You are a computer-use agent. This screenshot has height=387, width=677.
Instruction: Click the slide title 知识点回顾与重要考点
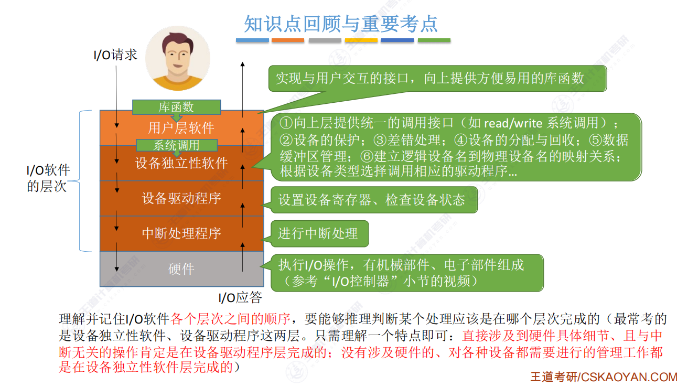[341, 24]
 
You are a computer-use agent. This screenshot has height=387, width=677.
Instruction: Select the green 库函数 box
[176, 107]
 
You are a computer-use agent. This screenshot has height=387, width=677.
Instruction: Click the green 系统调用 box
[176, 145]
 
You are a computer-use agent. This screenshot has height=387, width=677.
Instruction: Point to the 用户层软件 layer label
[181, 128]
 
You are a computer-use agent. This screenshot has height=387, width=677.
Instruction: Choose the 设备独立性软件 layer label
[181, 163]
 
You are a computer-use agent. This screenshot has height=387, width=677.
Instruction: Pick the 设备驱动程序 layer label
[181, 198]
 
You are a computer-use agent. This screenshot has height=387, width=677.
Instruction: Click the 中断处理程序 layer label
[181, 233]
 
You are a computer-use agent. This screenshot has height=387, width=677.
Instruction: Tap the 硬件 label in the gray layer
[181, 269]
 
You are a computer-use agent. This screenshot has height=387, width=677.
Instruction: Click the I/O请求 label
[115, 55]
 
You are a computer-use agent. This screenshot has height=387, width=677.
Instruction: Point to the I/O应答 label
[240, 298]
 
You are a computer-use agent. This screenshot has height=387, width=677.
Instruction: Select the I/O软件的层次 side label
[48, 178]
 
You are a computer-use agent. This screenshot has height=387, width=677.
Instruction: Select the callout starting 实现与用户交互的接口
[430, 79]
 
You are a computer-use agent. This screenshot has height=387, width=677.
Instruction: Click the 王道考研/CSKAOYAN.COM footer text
[603, 377]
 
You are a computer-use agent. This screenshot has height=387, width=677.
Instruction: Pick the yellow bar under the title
[361, 40]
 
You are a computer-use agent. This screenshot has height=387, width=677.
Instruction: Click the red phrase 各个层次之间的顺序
[231, 319]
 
